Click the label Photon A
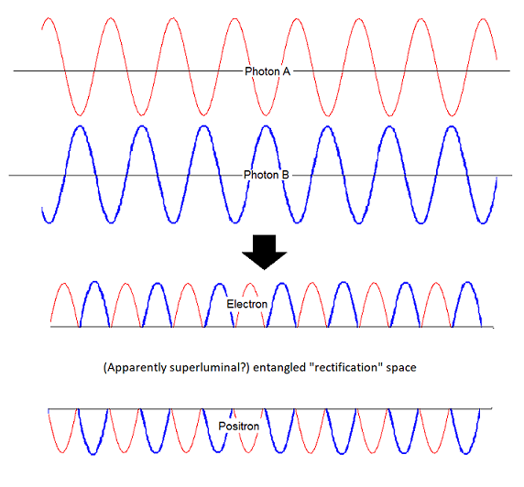click(x=267, y=71)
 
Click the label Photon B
click(x=267, y=175)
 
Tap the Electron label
click(x=247, y=304)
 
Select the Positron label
click(x=238, y=426)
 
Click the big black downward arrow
click(x=265, y=252)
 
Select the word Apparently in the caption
click(x=136, y=368)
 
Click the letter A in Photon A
click(x=287, y=71)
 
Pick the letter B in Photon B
click(x=286, y=175)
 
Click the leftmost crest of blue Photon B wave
click(x=81, y=126)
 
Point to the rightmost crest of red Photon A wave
click(x=483, y=19)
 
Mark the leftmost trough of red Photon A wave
click(x=80, y=115)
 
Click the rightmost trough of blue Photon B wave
click(x=483, y=222)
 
